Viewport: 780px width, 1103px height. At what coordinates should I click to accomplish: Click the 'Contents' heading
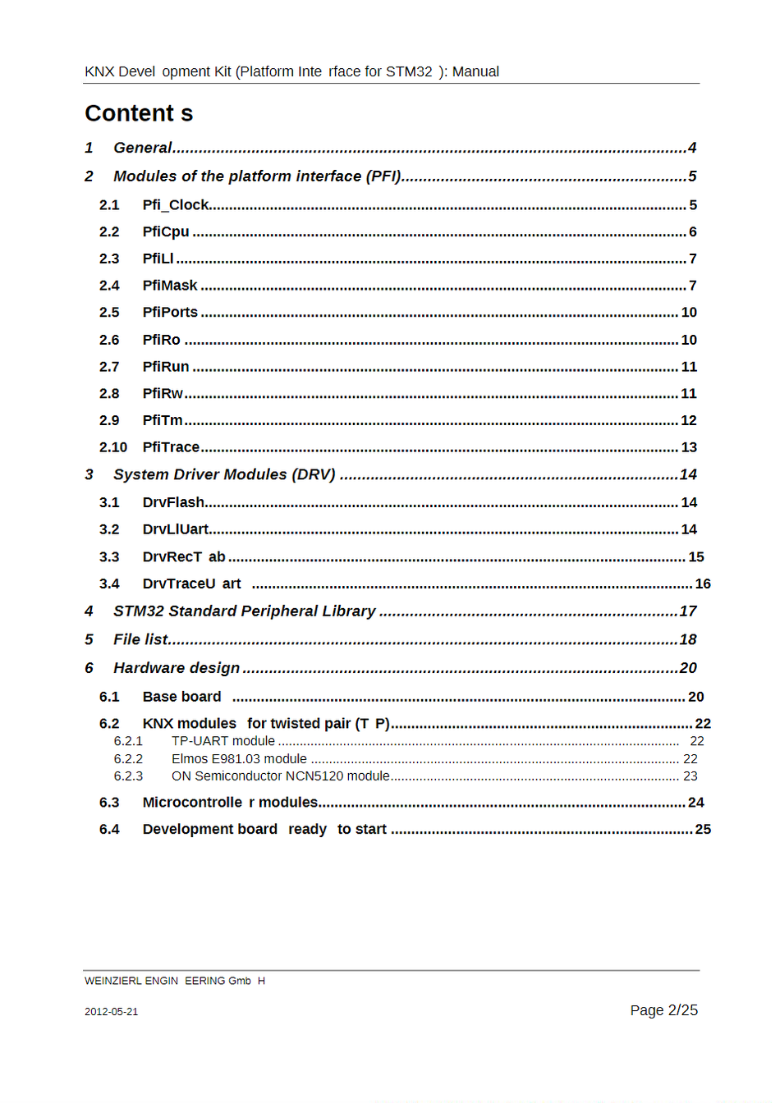click(x=139, y=113)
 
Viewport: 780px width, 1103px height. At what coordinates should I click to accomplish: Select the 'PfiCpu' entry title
click(x=166, y=232)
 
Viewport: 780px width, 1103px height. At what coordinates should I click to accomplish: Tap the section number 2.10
click(x=113, y=447)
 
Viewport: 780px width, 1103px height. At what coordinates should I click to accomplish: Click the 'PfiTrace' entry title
click(x=171, y=447)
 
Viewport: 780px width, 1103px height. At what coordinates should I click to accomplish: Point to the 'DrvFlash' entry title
click(x=173, y=502)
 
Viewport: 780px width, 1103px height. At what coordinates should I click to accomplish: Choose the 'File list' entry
click(x=140, y=639)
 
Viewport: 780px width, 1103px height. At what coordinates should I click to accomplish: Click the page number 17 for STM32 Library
click(x=688, y=611)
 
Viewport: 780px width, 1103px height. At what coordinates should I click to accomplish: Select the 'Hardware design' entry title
click(x=177, y=668)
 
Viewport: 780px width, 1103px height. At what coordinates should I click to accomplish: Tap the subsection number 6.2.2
click(x=128, y=759)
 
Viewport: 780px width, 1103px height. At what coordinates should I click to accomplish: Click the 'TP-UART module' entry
click(x=223, y=741)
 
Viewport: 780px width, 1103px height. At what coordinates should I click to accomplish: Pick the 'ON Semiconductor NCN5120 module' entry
click(x=281, y=776)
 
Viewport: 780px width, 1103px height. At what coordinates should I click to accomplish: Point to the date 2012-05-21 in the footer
click(x=111, y=1012)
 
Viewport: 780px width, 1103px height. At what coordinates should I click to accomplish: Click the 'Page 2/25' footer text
click(x=663, y=1010)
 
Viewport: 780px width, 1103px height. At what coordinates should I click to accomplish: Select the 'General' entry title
click(x=143, y=148)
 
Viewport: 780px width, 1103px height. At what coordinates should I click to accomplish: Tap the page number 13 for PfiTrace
click(x=689, y=447)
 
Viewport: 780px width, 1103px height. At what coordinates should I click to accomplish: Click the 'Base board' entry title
click(x=181, y=697)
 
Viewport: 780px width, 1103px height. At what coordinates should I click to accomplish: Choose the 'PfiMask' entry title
click(x=170, y=286)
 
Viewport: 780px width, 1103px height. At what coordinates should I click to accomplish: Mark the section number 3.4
click(x=109, y=584)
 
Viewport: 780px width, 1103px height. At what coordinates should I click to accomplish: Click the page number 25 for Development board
click(x=703, y=830)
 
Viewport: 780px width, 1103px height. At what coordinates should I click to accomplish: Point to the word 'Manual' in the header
click(x=475, y=71)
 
